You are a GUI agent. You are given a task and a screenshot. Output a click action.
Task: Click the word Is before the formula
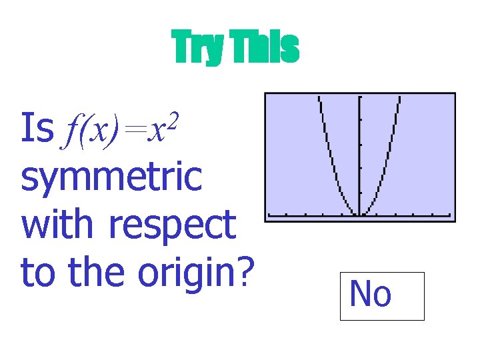point(37,128)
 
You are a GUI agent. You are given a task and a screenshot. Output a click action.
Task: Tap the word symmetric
point(111,177)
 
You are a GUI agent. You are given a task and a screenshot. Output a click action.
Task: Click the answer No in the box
point(371,294)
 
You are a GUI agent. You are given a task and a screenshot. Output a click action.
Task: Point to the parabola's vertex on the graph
point(359,215)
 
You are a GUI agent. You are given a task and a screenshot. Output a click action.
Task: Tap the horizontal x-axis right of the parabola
point(420,215)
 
